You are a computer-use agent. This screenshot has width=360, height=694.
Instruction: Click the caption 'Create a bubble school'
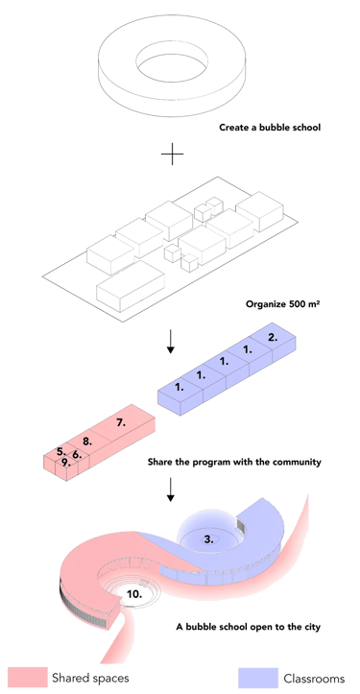pyautogui.click(x=270, y=128)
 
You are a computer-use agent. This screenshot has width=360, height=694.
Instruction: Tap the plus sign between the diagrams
pyautogui.click(x=172, y=155)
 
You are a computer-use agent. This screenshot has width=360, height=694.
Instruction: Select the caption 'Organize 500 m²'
pyautogui.click(x=282, y=304)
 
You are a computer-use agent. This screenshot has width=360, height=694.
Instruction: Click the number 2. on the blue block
pyautogui.click(x=274, y=337)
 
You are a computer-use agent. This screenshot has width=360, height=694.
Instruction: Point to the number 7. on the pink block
pyautogui.click(x=121, y=422)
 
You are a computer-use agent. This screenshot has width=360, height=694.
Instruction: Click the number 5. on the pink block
pyautogui.click(x=61, y=452)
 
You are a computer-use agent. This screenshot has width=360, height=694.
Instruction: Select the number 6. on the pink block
pyautogui.click(x=77, y=454)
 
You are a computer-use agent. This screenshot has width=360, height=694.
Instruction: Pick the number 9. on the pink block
pyautogui.click(x=65, y=463)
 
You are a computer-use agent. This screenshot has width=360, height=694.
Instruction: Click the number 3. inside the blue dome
pyautogui.click(x=209, y=538)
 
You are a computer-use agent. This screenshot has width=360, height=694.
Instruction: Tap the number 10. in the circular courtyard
pyautogui.click(x=134, y=594)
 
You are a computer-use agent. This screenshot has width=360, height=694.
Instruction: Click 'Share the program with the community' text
pyautogui.click(x=234, y=463)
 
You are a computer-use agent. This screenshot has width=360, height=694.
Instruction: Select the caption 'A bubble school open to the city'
pyautogui.click(x=248, y=627)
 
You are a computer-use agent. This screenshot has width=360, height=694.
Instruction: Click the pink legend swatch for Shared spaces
pyautogui.click(x=28, y=677)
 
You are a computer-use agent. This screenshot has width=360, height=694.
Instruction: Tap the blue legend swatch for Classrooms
pyautogui.click(x=258, y=677)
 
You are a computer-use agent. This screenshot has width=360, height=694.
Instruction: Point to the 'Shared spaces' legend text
pyautogui.click(x=91, y=678)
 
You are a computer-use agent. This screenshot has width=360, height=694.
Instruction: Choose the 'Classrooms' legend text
pyautogui.click(x=314, y=678)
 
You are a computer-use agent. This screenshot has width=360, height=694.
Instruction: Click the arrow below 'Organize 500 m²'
pyautogui.click(x=171, y=343)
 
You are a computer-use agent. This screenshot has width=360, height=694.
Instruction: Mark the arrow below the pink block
pyautogui.click(x=171, y=490)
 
